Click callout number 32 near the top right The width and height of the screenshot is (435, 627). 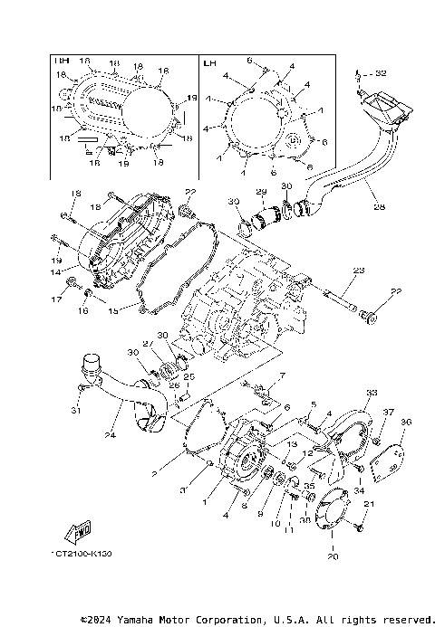click(381, 72)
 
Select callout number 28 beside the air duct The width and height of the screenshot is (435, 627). click(379, 207)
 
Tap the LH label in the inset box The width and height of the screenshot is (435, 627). click(210, 63)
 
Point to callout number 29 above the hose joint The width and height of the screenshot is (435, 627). click(259, 193)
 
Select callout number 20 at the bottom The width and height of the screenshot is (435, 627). click(333, 557)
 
